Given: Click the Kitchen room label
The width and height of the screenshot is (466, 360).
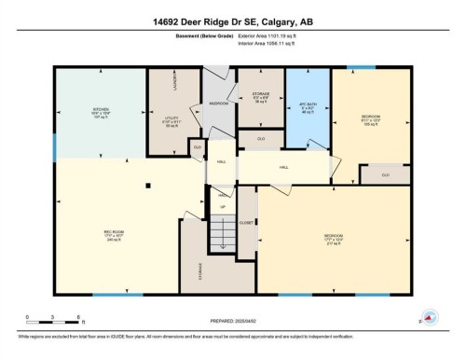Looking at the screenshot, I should pyautogui.click(x=100, y=113).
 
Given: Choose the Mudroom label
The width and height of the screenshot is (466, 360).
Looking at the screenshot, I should pyautogui.click(x=218, y=104).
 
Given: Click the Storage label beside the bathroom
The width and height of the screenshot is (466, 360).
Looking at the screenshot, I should pyautogui.click(x=260, y=95).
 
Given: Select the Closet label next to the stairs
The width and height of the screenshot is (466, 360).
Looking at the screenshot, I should pyautogui.click(x=246, y=224).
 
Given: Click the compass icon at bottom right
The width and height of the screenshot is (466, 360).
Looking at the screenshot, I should pyautogui.click(x=431, y=318).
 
